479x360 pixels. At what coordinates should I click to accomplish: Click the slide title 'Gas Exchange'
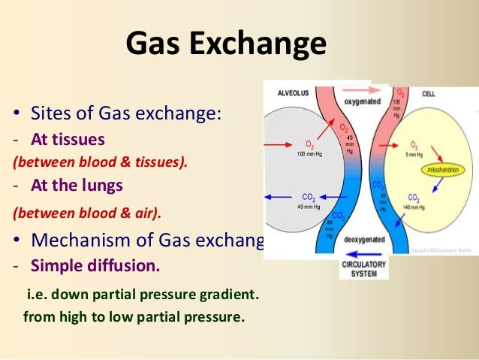coord(226,44)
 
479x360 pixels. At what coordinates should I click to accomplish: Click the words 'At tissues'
coord(68,139)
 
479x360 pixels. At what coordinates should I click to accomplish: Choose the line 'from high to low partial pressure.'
coord(134,316)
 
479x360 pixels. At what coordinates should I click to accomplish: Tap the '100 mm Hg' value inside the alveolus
coord(309,153)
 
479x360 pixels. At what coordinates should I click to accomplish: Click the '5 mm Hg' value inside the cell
coord(415,153)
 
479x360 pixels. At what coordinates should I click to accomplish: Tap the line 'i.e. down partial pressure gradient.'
coord(143,295)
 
